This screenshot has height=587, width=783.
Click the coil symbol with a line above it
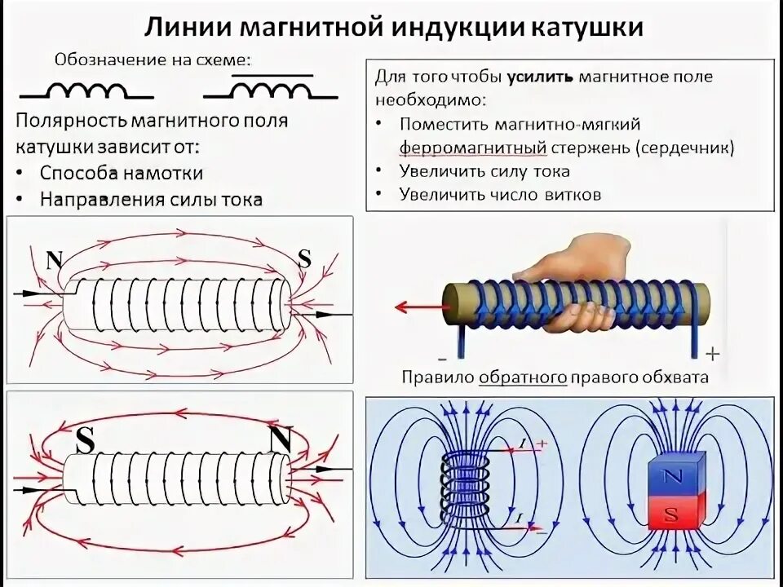[x=272, y=86]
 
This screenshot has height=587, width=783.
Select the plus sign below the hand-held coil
[x=713, y=354]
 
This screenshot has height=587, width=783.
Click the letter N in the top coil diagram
[x=55, y=260]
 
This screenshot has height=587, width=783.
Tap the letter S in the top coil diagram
[x=304, y=258]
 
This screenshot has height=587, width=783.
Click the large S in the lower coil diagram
[x=86, y=441]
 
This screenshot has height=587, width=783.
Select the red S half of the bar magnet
[x=673, y=514]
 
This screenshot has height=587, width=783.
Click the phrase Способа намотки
[x=121, y=173]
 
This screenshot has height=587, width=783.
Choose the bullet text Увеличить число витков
[x=500, y=195]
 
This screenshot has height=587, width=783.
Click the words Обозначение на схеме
[x=153, y=60]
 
